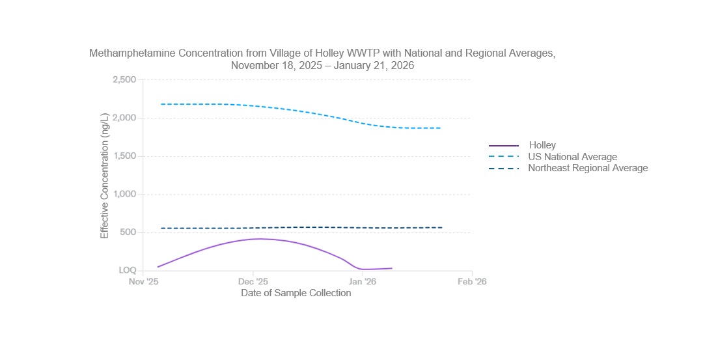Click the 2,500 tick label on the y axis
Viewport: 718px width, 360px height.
pos(124,79)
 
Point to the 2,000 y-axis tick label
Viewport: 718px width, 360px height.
pos(124,118)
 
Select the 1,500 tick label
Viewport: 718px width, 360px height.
pos(124,156)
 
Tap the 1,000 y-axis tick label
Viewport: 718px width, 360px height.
pos(124,194)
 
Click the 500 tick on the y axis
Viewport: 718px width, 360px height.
pos(128,232)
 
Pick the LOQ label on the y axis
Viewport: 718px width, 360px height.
pos(127,270)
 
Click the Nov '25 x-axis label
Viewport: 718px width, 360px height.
pos(144,282)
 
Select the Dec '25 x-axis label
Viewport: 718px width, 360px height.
pos(253,282)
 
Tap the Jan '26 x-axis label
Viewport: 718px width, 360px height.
pos(363,282)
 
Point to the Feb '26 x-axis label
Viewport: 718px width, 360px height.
pos(472,282)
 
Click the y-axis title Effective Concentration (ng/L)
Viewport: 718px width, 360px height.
pos(105,175)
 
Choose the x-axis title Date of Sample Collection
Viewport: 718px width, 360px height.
pos(296,293)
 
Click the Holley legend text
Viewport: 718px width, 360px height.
pos(542,145)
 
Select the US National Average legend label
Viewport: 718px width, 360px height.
pos(572,157)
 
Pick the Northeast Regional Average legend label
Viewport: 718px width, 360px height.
pos(588,168)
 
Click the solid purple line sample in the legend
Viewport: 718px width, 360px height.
pos(504,145)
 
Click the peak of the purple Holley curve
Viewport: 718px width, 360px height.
pos(260,239)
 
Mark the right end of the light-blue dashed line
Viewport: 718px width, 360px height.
pos(441,128)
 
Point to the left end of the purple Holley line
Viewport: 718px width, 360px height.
pos(158,267)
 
